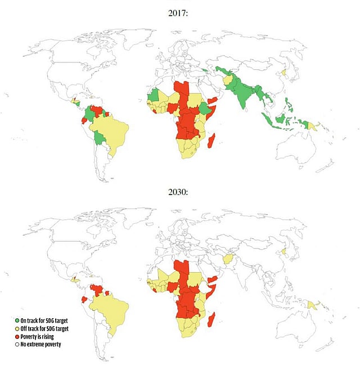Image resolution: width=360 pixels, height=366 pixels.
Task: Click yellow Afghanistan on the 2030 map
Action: click(x=228, y=259)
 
